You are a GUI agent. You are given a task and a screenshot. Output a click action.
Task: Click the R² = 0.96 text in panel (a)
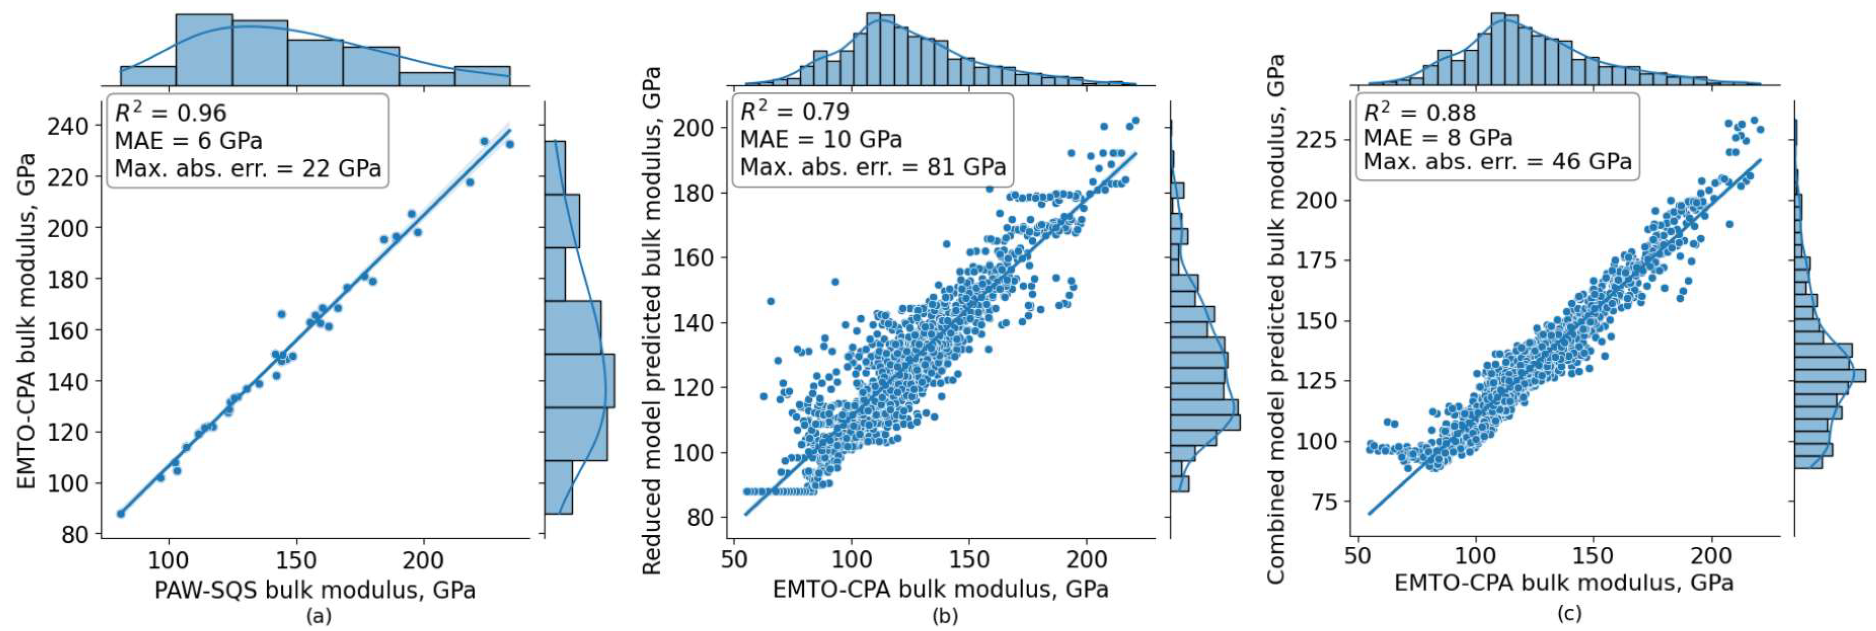click(171, 113)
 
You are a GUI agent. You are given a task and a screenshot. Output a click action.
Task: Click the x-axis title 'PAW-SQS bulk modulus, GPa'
click(314, 589)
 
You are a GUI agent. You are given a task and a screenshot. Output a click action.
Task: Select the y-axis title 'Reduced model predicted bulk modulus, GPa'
click(652, 321)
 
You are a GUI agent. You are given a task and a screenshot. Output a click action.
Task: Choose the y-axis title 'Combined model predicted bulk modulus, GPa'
click(1275, 319)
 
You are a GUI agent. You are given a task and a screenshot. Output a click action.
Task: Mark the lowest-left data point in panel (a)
click(121, 514)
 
